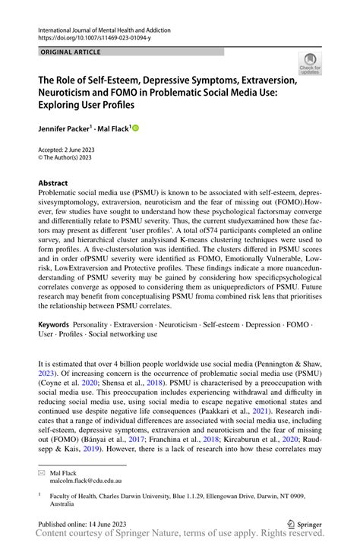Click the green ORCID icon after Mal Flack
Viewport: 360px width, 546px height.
[x=135, y=129]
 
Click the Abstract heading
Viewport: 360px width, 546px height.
[x=53, y=183]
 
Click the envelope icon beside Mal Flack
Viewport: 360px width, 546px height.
[x=42, y=472]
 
